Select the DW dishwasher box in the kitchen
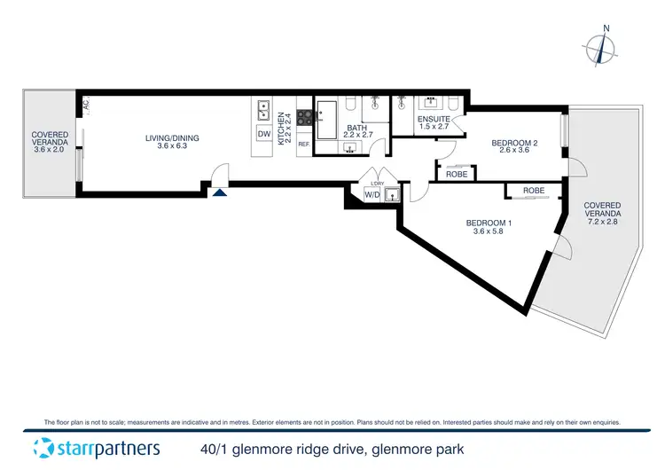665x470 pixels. [263, 133]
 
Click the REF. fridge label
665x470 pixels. [303, 144]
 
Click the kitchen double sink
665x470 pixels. [263, 110]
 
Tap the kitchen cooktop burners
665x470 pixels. [303, 114]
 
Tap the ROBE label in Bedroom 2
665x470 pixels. [457, 174]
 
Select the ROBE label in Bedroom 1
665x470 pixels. [534, 191]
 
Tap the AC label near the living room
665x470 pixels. [86, 105]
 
